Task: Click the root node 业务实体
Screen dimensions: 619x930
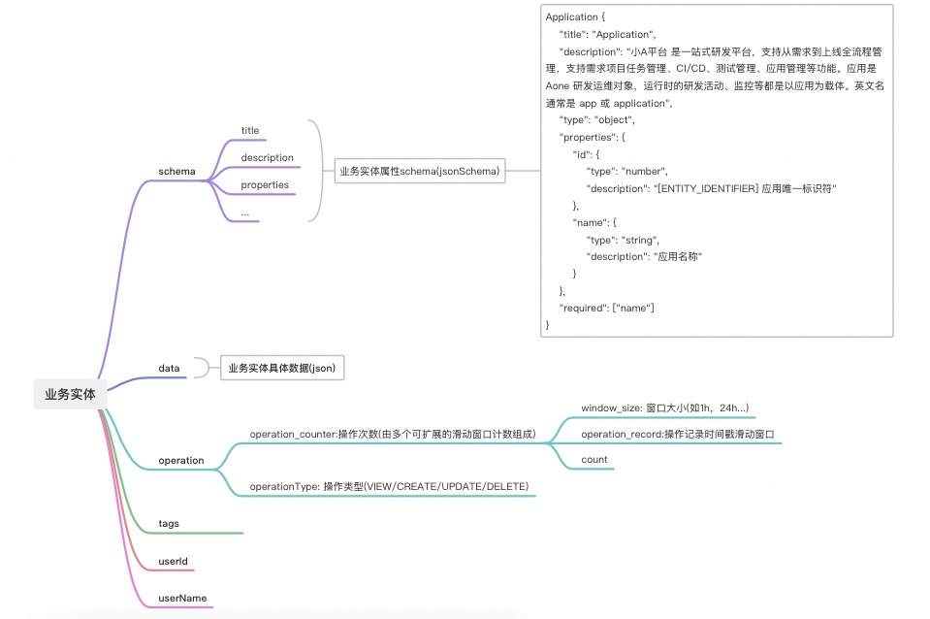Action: click(x=70, y=394)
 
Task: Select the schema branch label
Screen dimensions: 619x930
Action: click(x=176, y=172)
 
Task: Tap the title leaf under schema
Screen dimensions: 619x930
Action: click(x=250, y=130)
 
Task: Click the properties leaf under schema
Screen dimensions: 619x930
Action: click(x=265, y=184)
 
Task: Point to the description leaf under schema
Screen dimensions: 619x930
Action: click(x=267, y=157)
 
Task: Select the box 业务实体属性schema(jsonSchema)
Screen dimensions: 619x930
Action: click(x=419, y=172)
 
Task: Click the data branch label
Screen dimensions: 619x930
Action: click(x=169, y=368)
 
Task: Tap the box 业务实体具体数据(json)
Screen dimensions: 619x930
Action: click(x=282, y=369)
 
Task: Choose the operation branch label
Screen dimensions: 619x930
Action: click(x=181, y=460)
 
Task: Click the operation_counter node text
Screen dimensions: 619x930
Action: click(x=392, y=434)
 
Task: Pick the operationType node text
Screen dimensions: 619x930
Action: click(x=389, y=485)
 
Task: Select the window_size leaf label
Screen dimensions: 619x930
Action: click(x=664, y=407)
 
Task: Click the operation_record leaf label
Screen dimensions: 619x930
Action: click(x=678, y=434)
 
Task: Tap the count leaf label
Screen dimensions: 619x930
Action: click(x=594, y=459)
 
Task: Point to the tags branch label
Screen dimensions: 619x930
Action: click(x=169, y=523)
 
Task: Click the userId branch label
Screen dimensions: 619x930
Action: click(x=173, y=561)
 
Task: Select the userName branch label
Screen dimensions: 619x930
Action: click(x=182, y=598)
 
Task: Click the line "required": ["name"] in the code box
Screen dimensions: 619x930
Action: click(x=607, y=308)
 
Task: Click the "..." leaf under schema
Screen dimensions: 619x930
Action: click(x=245, y=212)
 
